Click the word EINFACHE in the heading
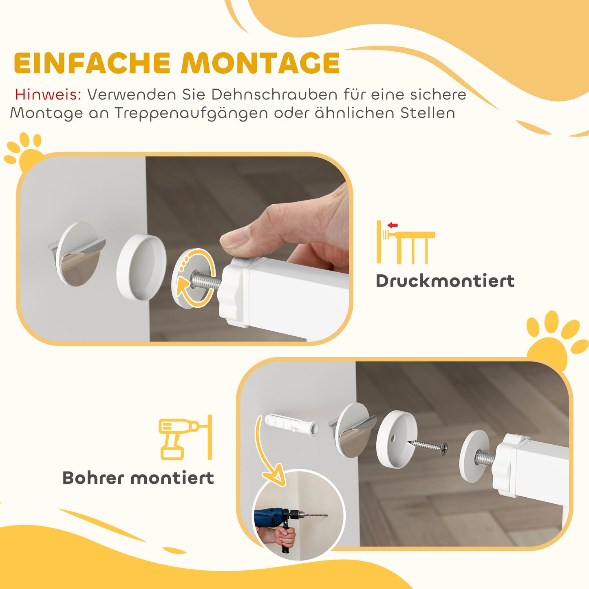(x=92, y=63)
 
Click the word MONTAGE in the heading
(x=261, y=63)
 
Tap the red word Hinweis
(x=48, y=95)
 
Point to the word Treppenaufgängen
(x=191, y=113)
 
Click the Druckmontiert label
(x=445, y=281)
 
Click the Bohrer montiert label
(x=138, y=478)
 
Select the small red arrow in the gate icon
(x=393, y=225)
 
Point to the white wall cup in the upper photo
(x=141, y=267)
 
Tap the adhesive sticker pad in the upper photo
(x=77, y=254)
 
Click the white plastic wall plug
(x=291, y=424)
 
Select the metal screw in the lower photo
(x=428, y=446)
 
